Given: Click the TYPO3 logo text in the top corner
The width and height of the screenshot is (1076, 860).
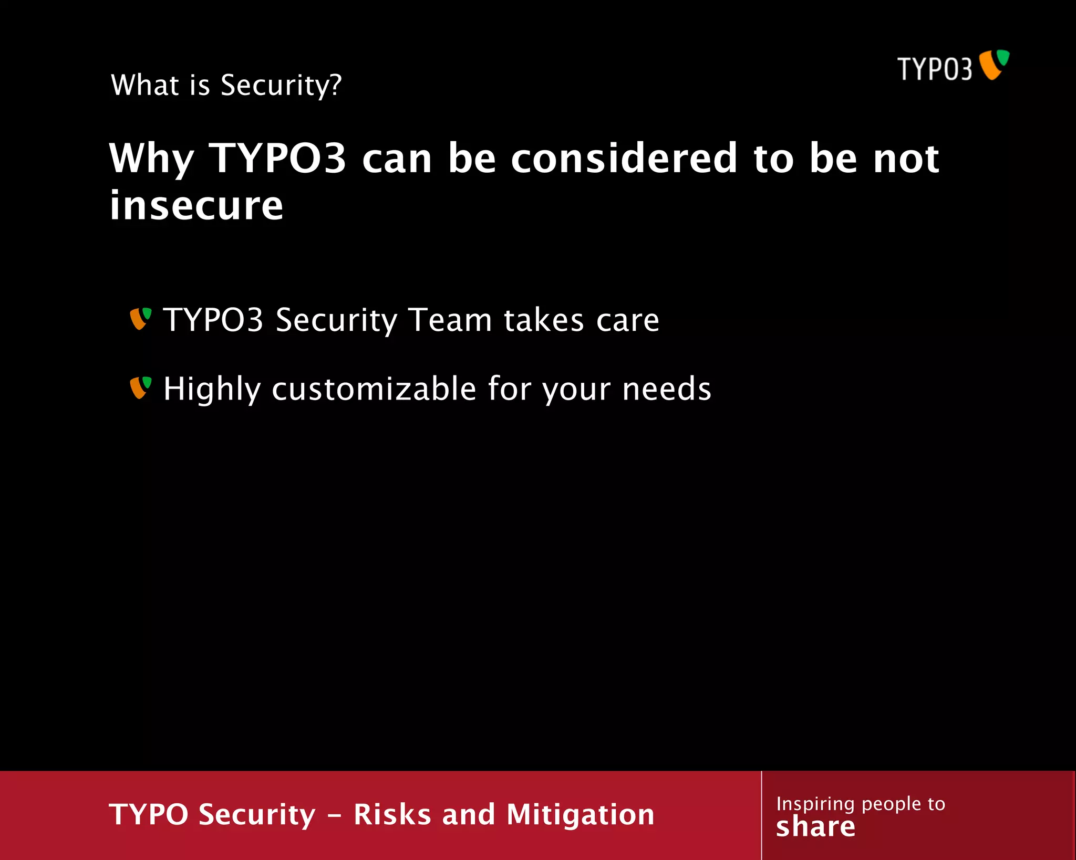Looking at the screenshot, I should tap(934, 69).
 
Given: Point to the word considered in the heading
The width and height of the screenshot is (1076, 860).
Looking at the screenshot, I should tap(624, 159).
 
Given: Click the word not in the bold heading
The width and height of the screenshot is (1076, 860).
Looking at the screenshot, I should tap(906, 159).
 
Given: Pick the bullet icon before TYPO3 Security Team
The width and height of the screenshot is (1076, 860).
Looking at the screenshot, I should tap(140, 319).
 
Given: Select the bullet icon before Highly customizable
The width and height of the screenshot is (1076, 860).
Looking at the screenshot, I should tap(140, 387).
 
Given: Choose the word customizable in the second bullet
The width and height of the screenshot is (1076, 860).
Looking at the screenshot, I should tap(374, 389).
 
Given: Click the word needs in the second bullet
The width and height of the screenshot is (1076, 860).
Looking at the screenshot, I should tap(667, 389).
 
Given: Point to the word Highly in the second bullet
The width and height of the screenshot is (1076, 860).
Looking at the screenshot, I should tap(212, 389).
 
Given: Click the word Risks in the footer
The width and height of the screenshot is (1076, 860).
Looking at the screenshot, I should tap(392, 814).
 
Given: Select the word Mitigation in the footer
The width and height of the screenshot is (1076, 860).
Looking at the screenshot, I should tap(580, 814).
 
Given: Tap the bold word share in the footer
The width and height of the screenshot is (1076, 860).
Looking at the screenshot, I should tap(815, 827).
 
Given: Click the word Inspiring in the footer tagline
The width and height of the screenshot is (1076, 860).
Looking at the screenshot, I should tap(815, 804).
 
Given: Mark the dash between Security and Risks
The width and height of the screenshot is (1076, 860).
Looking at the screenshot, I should tap(335, 815).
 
